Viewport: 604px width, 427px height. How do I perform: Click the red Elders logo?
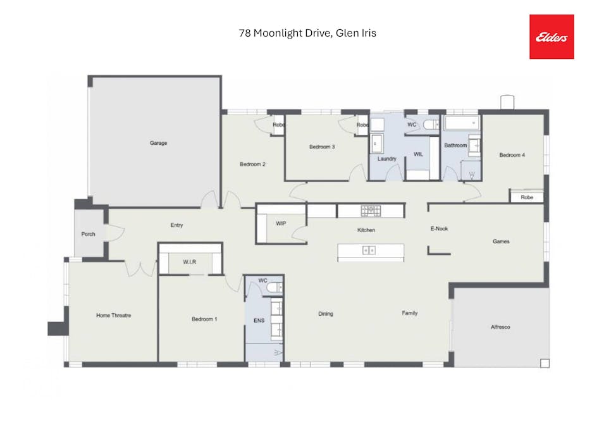(552, 37)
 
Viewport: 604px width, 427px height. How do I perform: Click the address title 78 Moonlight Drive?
(307, 33)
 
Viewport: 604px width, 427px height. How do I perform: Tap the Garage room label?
(158, 143)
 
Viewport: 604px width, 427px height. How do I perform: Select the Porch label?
(88, 234)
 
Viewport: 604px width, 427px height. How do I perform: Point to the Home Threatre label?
(113, 315)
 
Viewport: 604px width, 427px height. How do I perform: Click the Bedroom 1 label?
(204, 319)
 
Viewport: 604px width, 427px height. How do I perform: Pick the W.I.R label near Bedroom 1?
(190, 262)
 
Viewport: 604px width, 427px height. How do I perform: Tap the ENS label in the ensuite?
(259, 321)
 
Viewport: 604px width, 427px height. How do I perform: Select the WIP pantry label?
(281, 224)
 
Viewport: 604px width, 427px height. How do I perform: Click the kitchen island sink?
(369, 251)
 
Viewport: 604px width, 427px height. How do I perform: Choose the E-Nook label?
(439, 228)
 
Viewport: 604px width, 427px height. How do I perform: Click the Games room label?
(501, 241)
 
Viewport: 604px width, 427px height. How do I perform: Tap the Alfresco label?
(500, 327)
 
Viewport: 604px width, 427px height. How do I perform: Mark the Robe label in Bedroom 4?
(527, 197)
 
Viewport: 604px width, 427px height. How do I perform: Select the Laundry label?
(386, 159)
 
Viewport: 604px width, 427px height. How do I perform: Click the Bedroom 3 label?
(321, 147)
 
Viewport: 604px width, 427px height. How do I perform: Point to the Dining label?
(325, 314)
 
